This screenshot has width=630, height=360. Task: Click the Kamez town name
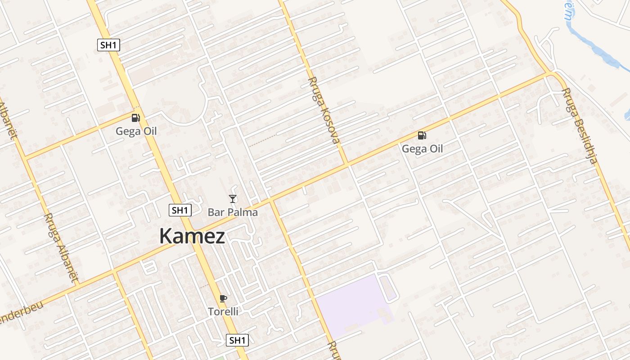pyautogui.click(x=192, y=236)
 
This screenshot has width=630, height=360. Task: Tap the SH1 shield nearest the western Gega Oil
pyautogui.click(x=108, y=45)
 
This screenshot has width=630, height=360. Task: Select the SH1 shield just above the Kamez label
pyautogui.click(x=180, y=210)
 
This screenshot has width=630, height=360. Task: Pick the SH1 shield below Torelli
pyautogui.click(x=237, y=340)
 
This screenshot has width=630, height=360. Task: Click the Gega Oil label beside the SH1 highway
pyautogui.click(x=136, y=131)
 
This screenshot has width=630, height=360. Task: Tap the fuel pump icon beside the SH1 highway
pyautogui.click(x=135, y=118)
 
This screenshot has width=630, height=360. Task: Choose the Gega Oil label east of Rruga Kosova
pyautogui.click(x=422, y=149)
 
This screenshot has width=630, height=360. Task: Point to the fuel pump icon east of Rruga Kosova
pyautogui.click(x=422, y=135)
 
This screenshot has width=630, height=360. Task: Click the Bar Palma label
pyautogui.click(x=233, y=212)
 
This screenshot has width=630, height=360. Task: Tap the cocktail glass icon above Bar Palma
pyautogui.click(x=233, y=199)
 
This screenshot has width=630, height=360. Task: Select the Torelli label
pyautogui.click(x=223, y=311)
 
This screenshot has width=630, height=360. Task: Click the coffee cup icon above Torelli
pyautogui.click(x=223, y=298)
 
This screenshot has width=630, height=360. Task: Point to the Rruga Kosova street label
pyautogui.click(x=323, y=110)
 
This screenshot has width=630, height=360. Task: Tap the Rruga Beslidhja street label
pyautogui.click(x=580, y=126)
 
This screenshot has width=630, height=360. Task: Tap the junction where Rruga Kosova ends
pyautogui.click(x=347, y=164)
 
